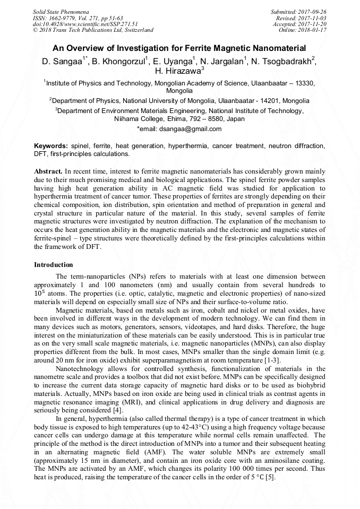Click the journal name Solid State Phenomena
pos(61,11)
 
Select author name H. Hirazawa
pos(179,71)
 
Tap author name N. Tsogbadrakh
pos(282,61)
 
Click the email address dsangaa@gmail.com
pos(190,128)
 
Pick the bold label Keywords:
pos(50,146)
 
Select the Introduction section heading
pos(54,265)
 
